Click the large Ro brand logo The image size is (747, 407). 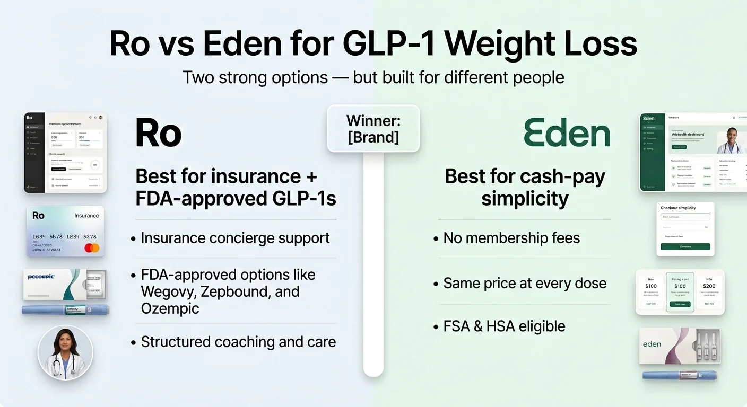point(158,133)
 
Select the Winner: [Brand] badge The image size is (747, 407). point(373,129)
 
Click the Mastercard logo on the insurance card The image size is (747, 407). point(91,247)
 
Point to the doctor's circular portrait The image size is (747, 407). point(65,352)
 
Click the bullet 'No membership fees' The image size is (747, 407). point(511,238)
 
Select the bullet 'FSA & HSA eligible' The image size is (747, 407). point(504,326)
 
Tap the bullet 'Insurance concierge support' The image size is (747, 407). point(235,238)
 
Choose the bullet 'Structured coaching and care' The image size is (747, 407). point(238,342)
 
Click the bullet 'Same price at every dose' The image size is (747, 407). point(525,283)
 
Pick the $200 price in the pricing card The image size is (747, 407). point(709,286)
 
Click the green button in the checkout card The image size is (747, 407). point(685,246)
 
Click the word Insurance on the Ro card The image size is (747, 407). point(86,216)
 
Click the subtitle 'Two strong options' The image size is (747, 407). point(255,77)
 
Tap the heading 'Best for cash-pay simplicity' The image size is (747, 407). point(524,188)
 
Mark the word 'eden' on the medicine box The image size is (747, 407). point(652,344)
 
